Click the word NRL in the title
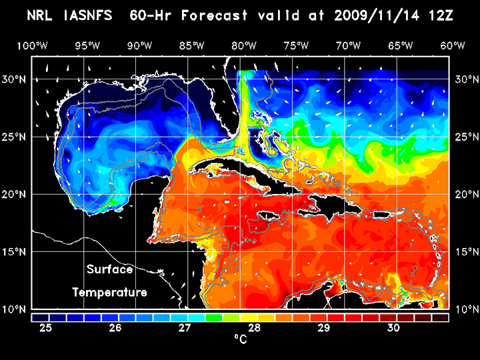41,15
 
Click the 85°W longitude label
192,45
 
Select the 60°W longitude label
453,45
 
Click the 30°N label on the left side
15,79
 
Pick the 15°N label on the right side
466,252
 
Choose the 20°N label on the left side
15,194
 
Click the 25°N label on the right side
466,137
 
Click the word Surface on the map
110,270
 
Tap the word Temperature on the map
110,292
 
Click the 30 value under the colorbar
393,328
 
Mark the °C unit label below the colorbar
241,340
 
